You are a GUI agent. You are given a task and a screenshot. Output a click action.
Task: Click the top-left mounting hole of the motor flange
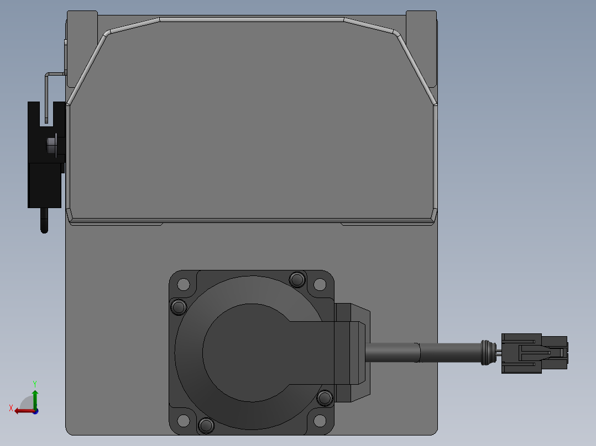coord(184,284)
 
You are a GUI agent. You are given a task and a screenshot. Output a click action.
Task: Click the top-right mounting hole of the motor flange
coord(320,284)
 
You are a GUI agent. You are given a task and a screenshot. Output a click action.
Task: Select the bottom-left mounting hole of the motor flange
coord(184,421)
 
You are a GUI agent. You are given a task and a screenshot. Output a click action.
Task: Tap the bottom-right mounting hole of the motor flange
coord(320,421)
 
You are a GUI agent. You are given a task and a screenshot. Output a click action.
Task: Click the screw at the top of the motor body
coord(297,280)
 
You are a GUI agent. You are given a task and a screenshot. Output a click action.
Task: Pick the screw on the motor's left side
coord(179,307)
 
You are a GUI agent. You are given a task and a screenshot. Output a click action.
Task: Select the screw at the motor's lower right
coord(325,398)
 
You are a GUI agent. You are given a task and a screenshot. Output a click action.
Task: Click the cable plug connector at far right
coord(535,353)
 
